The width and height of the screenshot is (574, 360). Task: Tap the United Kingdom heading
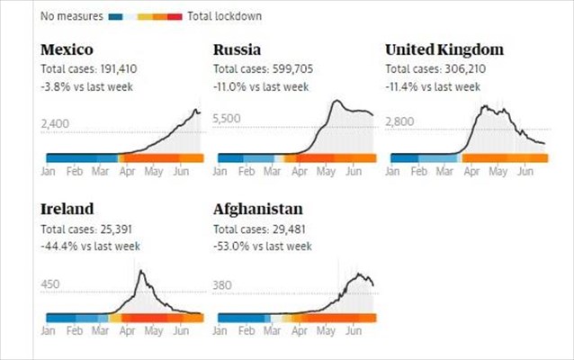(x=444, y=49)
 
